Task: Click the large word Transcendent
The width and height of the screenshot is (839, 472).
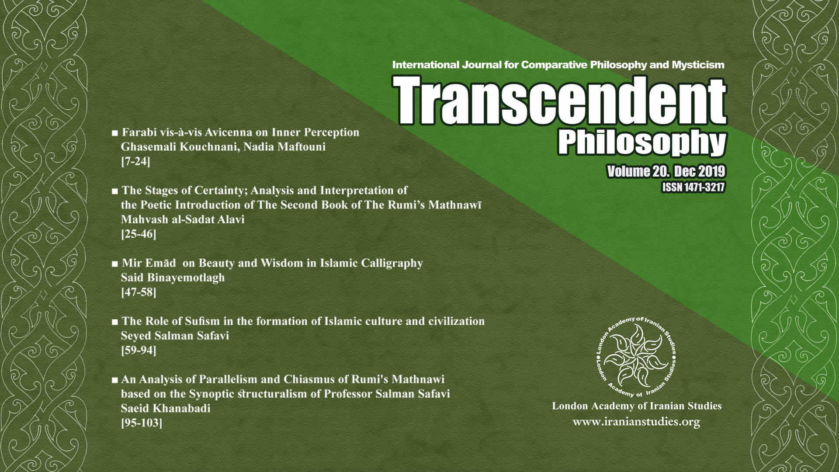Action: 561,100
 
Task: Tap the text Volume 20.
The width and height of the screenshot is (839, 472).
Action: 636,172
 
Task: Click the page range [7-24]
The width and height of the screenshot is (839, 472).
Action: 135,162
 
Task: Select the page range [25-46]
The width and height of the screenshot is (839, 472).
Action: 139,234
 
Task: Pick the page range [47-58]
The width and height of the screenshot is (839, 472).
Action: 139,292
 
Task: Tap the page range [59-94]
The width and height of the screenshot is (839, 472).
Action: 139,351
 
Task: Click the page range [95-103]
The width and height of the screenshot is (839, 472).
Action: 142,423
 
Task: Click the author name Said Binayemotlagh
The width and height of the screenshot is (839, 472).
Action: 173,278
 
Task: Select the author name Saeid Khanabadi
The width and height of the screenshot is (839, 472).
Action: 166,409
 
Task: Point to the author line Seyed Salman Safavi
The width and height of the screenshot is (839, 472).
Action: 175,336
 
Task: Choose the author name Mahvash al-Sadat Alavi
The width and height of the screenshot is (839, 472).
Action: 182,219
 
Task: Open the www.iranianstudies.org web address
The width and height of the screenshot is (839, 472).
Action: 636,422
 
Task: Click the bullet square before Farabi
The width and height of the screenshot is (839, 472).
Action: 115,133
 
